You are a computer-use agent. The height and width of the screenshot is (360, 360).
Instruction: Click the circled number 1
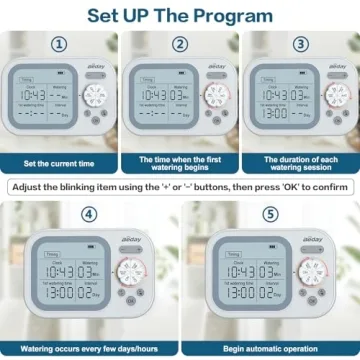click(59, 45)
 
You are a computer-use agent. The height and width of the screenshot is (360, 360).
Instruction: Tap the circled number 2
click(180, 45)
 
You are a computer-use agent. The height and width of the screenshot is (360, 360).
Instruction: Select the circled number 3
click(300, 45)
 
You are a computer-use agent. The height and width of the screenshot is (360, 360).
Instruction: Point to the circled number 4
click(89, 215)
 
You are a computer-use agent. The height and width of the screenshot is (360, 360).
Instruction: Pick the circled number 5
click(270, 215)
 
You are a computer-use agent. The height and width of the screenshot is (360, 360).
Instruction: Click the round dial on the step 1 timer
click(97, 96)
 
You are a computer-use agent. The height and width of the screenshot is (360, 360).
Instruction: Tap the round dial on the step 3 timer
click(337, 96)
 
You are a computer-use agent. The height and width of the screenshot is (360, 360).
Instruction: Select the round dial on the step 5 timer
click(311, 274)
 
